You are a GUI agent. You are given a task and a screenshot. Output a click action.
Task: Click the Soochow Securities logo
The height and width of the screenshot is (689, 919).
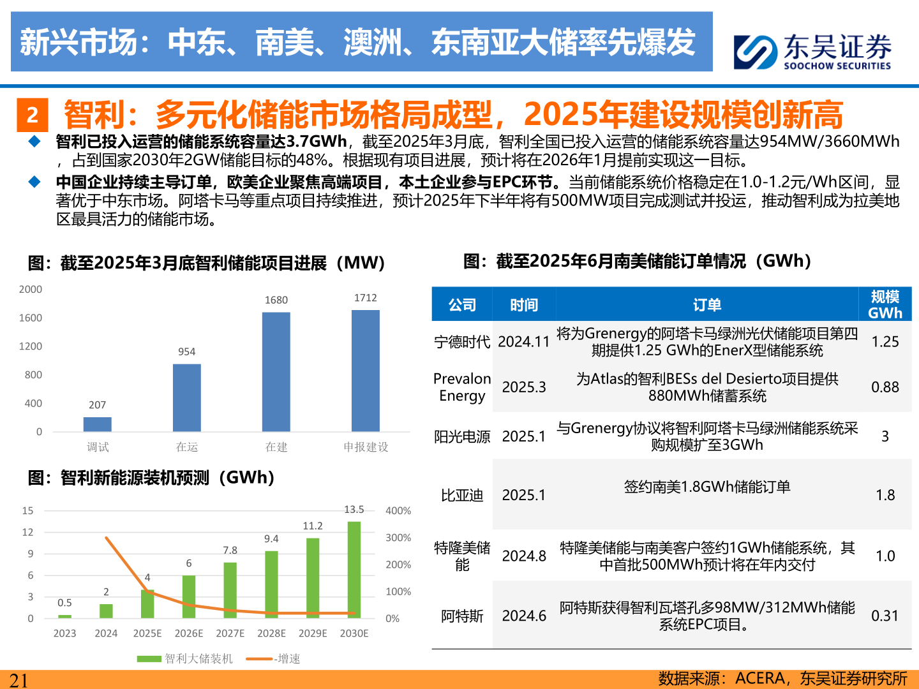[812, 51]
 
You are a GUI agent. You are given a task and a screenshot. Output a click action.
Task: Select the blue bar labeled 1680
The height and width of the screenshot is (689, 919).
[276, 371]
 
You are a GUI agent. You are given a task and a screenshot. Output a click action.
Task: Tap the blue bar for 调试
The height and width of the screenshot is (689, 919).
[98, 424]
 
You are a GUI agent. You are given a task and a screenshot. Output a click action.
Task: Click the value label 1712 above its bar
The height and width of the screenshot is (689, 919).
[366, 298]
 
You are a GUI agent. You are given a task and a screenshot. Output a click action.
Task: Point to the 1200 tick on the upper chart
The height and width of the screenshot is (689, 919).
[31, 346]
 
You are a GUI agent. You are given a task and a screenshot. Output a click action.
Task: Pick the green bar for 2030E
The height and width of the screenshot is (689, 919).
[354, 570]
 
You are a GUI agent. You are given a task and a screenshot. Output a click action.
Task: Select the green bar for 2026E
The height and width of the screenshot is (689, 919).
[189, 596]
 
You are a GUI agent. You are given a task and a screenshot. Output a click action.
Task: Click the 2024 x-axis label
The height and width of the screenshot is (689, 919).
[106, 633]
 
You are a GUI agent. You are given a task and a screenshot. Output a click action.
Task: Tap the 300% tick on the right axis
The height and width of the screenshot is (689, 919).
[398, 538]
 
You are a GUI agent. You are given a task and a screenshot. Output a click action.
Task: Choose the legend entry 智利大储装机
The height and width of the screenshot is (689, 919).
[185, 658]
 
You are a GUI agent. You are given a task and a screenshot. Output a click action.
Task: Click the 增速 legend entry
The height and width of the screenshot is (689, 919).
[274, 658]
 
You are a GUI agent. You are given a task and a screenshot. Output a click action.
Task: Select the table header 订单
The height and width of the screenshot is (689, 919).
[707, 305]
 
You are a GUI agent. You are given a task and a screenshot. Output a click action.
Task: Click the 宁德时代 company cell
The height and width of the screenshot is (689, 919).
[462, 342]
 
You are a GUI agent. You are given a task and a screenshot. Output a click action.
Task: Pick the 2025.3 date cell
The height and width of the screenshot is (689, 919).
[524, 387]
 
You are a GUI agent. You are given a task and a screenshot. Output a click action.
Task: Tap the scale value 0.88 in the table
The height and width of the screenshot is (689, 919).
[885, 387]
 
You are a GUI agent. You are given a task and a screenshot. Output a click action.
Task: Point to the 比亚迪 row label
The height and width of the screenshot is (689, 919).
[462, 495]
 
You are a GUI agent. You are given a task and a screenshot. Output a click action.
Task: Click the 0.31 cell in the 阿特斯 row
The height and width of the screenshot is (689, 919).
[885, 616]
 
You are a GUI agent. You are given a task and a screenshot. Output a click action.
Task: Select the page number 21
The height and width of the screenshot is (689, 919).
[19, 680]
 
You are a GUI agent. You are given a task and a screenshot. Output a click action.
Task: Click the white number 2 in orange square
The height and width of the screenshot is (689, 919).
[33, 115]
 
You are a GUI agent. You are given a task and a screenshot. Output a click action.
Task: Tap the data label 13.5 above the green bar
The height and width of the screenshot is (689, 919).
[354, 510]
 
